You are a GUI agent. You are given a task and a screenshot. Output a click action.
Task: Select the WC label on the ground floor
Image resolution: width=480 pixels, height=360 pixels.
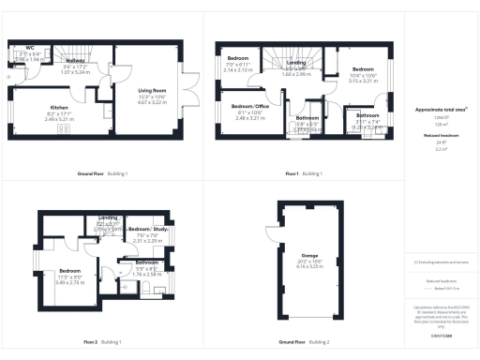(x=30, y=46)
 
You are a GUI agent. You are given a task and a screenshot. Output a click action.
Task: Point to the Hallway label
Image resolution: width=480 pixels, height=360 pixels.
(x=75, y=60)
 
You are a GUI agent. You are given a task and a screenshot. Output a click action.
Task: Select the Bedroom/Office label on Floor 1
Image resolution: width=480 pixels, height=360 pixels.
(x=249, y=107)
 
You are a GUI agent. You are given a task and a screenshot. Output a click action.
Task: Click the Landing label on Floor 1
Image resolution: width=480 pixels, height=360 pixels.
(x=296, y=63)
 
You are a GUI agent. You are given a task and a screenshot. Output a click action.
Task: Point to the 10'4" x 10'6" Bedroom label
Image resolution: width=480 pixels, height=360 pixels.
(x=362, y=70)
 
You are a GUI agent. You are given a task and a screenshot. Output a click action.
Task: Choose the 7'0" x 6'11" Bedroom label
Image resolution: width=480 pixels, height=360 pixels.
(x=238, y=59)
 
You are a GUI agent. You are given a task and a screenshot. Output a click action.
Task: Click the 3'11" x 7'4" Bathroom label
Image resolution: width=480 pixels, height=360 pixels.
(x=367, y=115)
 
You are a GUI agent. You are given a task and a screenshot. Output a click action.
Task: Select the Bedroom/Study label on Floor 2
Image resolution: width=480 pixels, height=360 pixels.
(x=147, y=229)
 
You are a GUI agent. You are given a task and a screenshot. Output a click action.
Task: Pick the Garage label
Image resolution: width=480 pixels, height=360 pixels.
(x=309, y=256)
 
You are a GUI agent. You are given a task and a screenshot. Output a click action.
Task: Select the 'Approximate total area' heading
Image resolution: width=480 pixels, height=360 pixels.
(x=436, y=110)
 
